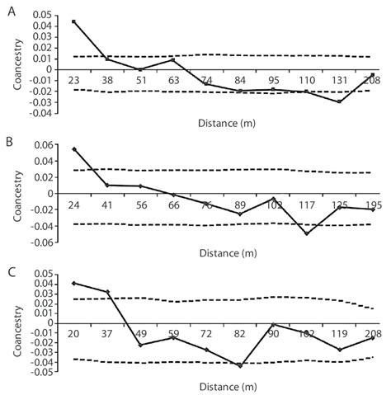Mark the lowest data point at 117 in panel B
(x=307, y=233)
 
